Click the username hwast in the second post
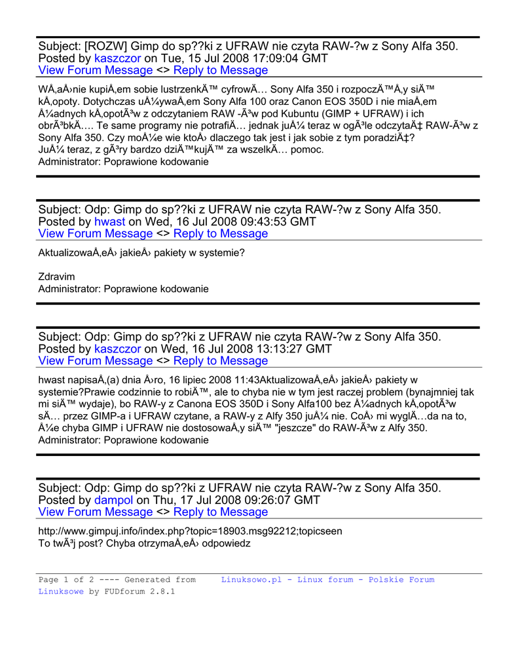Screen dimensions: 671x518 click(x=110, y=221)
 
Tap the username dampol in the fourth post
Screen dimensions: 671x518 click(x=113, y=500)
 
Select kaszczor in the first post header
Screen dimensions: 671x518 click(x=117, y=58)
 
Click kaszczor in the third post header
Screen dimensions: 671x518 click(x=117, y=349)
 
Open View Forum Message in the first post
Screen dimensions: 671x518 click(x=96, y=70)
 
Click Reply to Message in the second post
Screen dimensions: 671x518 click(x=220, y=233)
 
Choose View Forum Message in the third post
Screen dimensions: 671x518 click(x=96, y=360)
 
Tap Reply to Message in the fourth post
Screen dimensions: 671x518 click(x=220, y=512)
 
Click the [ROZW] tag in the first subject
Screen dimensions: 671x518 click(x=105, y=46)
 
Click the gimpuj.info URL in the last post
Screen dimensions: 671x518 click(x=190, y=531)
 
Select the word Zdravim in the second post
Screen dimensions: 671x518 click(x=56, y=277)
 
